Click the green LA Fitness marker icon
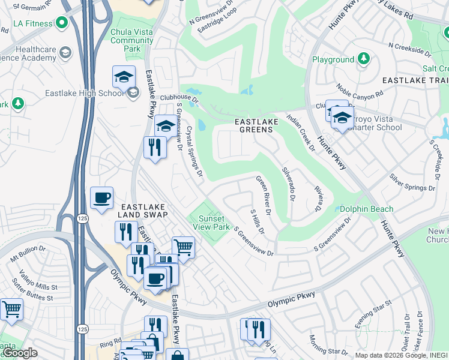[61, 23]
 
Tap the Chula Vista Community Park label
[132, 40]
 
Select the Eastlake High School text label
[84, 93]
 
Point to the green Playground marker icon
[363, 59]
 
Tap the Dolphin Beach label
[366, 209]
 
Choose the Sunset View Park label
[213, 223]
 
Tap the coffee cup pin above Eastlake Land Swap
[101, 198]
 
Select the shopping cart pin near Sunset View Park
[183, 247]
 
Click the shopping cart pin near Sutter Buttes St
[11, 310]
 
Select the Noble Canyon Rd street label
[358, 91]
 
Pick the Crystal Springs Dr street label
[194, 151]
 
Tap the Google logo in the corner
[20, 353]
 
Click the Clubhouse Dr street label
[178, 97]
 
